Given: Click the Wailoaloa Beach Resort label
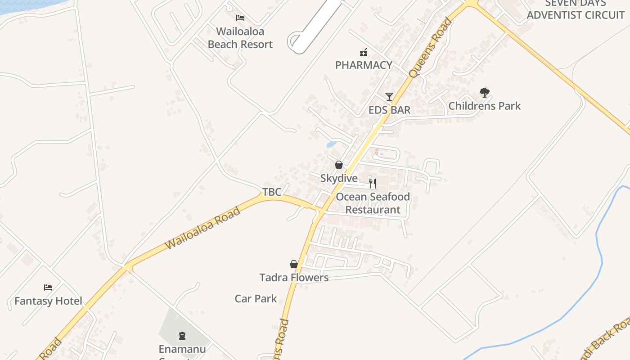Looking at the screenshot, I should pyautogui.click(x=240, y=38).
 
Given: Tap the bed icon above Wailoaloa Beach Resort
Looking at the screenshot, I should pyautogui.click(x=240, y=18).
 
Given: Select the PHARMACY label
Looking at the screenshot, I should pyautogui.click(x=364, y=65).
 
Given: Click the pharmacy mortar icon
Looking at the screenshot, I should pyautogui.click(x=363, y=52).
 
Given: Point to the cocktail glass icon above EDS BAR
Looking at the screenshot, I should pyautogui.click(x=389, y=96).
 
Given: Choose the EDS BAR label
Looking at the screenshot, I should pyautogui.click(x=389, y=110).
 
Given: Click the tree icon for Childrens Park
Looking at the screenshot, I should pyautogui.click(x=484, y=93).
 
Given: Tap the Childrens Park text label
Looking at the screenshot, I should pyautogui.click(x=484, y=106).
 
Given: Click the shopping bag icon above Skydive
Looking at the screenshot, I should pyautogui.click(x=339, y=165).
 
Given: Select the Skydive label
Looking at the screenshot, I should pyautogui.click(x=339, y=178).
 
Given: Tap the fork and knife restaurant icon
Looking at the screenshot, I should pyautogui.click(x=373, y=183).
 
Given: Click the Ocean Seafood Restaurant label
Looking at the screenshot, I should pyautogui.click(x=373, y=203).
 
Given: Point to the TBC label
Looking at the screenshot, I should pyautogui.click(x=272, y=192).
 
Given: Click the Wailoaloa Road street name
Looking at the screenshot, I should pyautogui.click(x=202, y=228).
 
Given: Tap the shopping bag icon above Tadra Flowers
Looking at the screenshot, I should pyautogui.click(x=294, y=264).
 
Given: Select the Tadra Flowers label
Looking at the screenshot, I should pyautogui.click(x=294, y=278).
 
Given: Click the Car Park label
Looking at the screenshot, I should pyautogui.click(x=256, y=299).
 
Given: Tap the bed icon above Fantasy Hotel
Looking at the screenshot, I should pyautogui.click(x=48, y=288).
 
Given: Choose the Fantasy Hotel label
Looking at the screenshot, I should pyautogui.click(x=48, y=301).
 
